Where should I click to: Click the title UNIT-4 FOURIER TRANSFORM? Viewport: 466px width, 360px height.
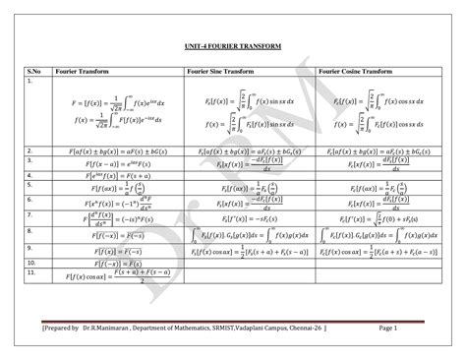click(x=233, y=46)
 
